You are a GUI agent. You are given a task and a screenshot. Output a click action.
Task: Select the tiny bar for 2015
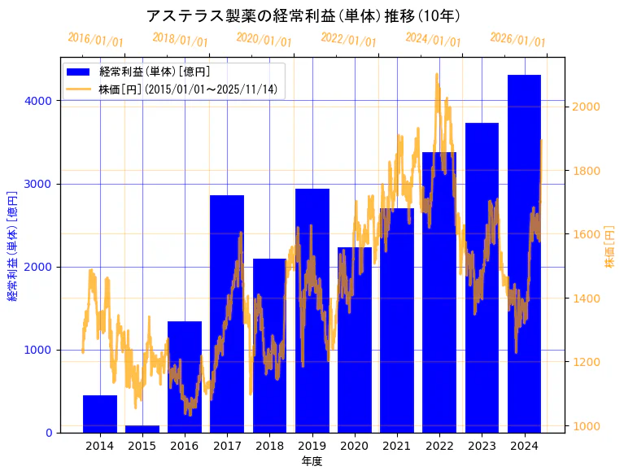tap(142, 429)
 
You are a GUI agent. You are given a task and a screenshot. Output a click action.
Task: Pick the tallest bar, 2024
tap(524, 253)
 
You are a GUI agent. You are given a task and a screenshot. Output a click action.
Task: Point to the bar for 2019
tap(312, 310)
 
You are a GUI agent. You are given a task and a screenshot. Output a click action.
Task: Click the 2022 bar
tap(439, 292)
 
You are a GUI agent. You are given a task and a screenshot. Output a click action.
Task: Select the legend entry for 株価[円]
tap(188, 89)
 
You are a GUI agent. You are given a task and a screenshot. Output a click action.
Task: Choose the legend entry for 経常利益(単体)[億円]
tap(155, 72)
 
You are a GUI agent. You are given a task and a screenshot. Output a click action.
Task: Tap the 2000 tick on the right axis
tap(586, 107)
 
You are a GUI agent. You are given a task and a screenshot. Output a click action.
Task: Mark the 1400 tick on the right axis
tap(586, 299)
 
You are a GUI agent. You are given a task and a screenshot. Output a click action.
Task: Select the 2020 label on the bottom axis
tap(355, 446)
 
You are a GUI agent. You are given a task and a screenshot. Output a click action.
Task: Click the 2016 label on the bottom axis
tap(185, 446)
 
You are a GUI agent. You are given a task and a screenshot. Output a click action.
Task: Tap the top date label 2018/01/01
tap(180, 40)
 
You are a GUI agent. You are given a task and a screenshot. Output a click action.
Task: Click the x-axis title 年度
tap(312, 461)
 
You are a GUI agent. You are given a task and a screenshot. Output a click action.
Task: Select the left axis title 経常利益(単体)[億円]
tap(12, 246)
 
